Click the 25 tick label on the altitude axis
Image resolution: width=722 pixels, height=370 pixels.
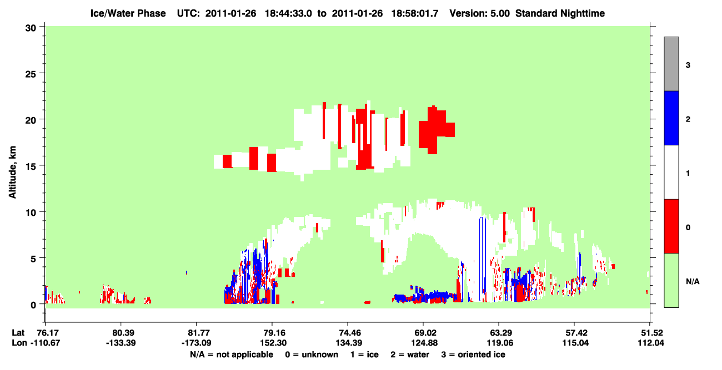pos(31,74)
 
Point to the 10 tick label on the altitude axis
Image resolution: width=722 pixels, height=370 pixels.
pos(31,212)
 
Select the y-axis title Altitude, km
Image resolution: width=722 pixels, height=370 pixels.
pos(12,173)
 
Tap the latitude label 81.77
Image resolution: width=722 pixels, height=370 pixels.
pos(197,333)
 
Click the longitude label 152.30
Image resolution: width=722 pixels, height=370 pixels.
pos(273,343)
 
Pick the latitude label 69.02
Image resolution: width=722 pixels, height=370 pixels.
pos(424,333)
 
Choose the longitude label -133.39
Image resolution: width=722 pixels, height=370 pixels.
pos(121,343)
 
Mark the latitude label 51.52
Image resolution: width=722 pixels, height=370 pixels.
pos(651,333)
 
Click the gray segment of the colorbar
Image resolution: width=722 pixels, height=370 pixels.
pos(671,64)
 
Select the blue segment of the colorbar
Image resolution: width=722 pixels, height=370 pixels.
pos(671,118)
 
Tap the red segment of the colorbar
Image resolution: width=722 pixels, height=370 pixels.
pos(671,226)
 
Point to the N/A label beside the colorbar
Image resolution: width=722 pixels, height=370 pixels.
pos(693,282)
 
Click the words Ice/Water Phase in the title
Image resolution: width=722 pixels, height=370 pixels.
pos(128,13)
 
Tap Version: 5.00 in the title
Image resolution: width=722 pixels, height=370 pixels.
pos(480,13)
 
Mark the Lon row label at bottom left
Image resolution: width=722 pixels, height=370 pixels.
pos(19,343)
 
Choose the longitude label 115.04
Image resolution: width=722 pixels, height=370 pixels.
pos(575,343)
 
